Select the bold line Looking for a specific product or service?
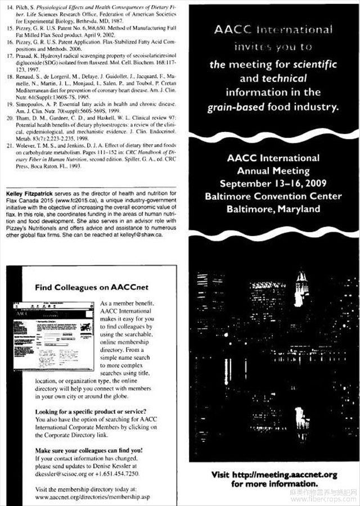tap(91, 411)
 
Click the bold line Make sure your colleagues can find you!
tap(89, 450)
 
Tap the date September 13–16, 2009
tap(273, 183)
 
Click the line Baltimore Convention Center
tap(273, 196)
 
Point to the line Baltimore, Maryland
tap(273, 209)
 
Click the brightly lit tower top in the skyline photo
tap(301, 279)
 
